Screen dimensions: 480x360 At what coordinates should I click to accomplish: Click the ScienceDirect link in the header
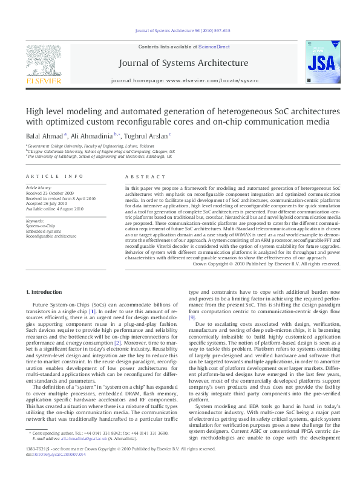tap(214, 47)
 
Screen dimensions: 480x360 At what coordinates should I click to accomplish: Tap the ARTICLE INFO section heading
tap(54, 176)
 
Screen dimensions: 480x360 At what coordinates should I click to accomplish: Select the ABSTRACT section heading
tap(143, 176)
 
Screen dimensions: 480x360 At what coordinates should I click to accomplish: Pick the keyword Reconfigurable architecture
tap(51, 236)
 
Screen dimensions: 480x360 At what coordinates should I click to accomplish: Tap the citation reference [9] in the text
tap(192, 317)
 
